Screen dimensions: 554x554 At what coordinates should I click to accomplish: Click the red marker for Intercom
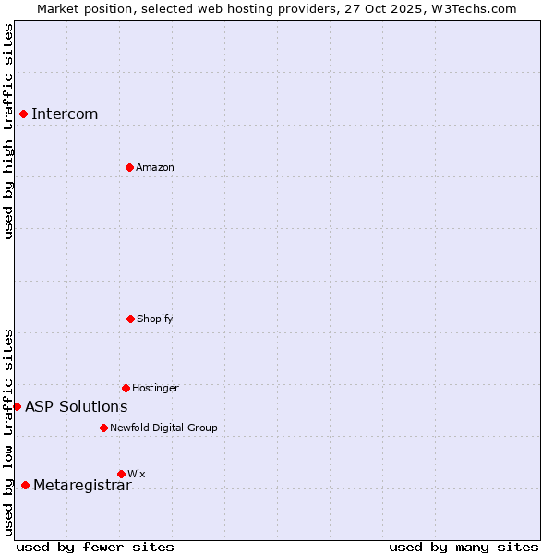[x=23, y=114]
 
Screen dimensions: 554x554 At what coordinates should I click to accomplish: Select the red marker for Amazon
[x=129, y=167]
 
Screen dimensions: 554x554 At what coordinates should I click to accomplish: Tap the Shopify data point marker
[x=130, y=319]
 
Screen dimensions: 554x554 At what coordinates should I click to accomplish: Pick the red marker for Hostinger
[x=126, y=388]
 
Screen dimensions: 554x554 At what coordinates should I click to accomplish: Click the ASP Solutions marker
[x=17, y=406]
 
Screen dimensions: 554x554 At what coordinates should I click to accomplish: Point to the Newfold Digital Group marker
[x=103, y=428]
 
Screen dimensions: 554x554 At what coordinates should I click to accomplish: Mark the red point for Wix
[x=121, y=474]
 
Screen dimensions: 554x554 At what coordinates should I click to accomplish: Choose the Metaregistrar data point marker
[x=25, y=485]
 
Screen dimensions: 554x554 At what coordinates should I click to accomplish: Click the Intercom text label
[x=65, y=114]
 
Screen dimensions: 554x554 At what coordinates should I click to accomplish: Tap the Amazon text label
[x=155, y=168]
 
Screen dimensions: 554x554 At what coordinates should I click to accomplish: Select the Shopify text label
[x=155, y=319]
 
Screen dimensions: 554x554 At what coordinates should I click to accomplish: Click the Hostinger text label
[x=155, y=389]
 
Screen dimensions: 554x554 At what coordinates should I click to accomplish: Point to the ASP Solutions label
[x=77, y=407]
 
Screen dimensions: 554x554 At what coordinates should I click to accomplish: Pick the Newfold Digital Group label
[x=163, y=428]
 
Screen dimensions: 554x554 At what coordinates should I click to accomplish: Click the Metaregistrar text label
[x=82, y=487]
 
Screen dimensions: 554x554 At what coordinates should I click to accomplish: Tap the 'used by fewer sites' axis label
[x=95, y=547]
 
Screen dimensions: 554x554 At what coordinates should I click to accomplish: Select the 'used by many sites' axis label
[x=464, y=547]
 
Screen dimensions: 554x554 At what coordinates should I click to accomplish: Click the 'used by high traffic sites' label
[x=8, y=132]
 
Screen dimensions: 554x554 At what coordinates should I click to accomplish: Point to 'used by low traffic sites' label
[x=8, y=432]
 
